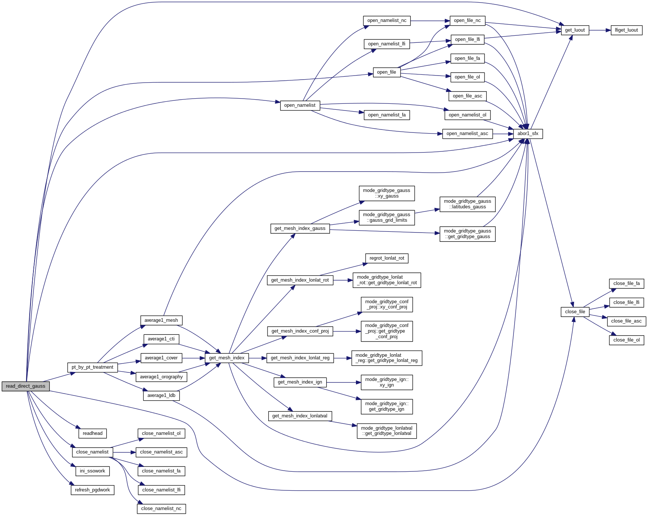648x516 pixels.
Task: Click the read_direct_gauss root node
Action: point(26,386)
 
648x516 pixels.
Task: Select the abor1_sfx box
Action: point(528,134)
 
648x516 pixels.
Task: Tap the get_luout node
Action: point(574,30)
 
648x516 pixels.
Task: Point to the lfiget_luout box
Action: point(626,30)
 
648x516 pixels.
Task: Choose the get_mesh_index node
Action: point(227,358)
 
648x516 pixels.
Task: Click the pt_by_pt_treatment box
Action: point(93,367)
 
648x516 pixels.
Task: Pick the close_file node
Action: point(575,312)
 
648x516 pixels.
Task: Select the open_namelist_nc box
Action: point(386,20)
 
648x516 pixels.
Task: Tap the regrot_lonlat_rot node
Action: point(386,258)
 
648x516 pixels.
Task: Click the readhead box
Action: point(93,433)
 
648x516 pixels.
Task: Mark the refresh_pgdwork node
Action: point(93,490)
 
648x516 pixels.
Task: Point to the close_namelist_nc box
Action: point(161,509)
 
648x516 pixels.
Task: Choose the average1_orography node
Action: point(161,377)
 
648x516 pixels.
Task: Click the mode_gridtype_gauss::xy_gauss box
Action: point(386,193)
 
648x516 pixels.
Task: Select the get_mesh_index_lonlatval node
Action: point(300,416)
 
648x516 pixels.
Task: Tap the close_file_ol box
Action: point(626,340)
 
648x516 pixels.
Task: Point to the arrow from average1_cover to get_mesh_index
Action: point(193,358)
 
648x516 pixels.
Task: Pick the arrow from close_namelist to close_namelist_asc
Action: point(124,452)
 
